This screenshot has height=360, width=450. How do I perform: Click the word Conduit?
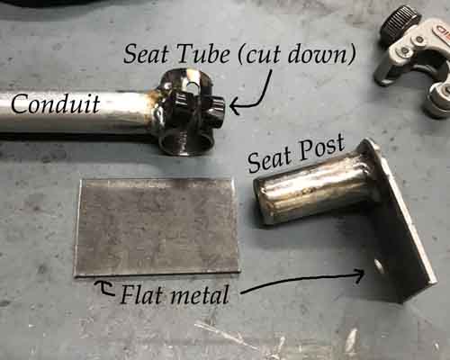tap(56, 103)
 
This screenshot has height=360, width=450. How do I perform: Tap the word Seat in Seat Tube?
tap(147, 54)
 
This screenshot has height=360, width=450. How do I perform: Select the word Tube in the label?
tap(204, 54)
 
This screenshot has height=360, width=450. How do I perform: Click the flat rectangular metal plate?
tap(157, 227)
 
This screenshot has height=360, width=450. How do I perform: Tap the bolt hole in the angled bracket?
tap(378, 265)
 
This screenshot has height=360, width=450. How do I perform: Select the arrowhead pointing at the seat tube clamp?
tap(235, 106)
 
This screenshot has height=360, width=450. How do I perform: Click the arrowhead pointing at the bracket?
tap(360, 275)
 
